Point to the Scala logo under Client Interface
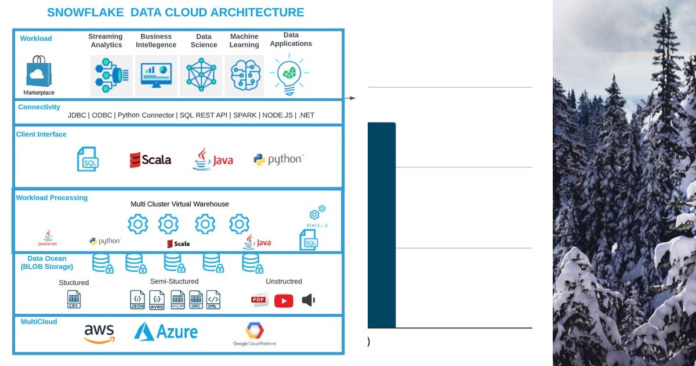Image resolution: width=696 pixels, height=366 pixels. [150, 160]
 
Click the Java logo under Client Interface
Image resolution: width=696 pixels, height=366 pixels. [213, 160]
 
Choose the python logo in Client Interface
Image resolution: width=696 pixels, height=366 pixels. [278, 159]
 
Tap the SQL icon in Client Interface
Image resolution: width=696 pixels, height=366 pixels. [88, 159]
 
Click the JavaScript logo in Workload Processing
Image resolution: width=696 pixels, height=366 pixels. [48, 238]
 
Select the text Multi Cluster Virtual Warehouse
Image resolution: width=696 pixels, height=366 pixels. [180, 204]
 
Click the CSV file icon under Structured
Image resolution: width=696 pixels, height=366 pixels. [74, 299]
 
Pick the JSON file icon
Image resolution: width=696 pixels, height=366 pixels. [137, 299]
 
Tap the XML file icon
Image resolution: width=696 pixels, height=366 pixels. [213, 299]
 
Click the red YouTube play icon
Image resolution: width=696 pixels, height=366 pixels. [284, 300]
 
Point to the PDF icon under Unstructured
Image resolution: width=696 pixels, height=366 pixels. [259, 300]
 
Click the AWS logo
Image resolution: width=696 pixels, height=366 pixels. [99, 333]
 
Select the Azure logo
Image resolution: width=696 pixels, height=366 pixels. [166, 332]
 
